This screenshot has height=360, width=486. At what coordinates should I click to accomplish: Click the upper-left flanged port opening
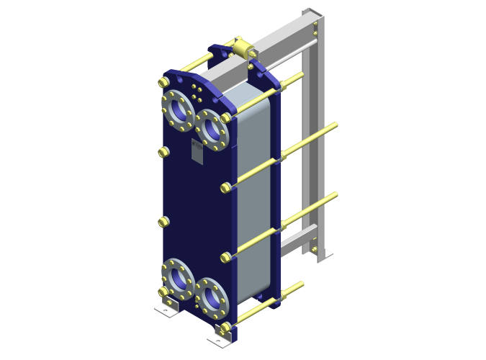pos(176,109)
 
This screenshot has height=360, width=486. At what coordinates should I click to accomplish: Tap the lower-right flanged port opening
pos(212,296)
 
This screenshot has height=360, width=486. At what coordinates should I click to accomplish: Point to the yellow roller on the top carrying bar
pos(243,48)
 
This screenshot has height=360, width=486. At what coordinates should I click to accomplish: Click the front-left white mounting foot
pos(164,310)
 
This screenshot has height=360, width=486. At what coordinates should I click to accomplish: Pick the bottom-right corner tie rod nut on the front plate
pos(226,330)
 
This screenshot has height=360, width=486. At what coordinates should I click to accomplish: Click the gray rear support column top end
pos(314,14)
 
